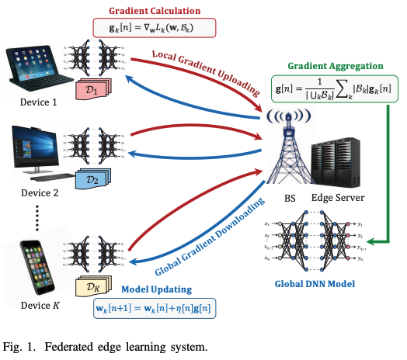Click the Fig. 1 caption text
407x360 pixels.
point(105,346)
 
